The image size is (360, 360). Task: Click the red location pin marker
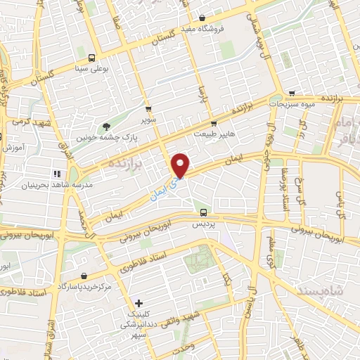pos(181,165)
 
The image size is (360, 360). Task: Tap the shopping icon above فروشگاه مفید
pos(202,18)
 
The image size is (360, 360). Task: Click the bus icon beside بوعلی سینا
pos(92,58)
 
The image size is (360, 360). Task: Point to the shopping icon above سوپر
pos(148,109)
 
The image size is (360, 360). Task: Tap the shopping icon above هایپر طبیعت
pos(214,123)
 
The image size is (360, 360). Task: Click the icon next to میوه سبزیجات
pos(290,95)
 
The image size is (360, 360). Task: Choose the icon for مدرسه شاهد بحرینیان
pos(56,173)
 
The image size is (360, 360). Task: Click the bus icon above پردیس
pos(203,212)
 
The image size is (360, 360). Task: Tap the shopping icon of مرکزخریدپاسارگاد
pos(84,276)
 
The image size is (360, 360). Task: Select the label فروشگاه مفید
pos(219,28)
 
